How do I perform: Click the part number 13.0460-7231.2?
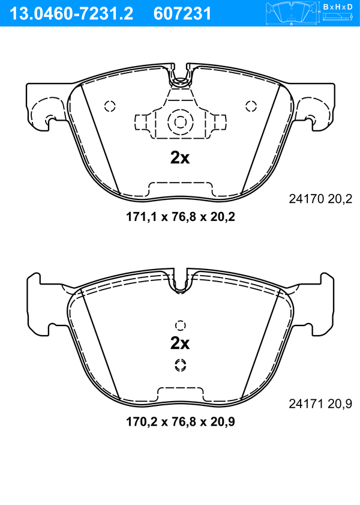[71, 14]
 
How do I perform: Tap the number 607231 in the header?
[182, 14]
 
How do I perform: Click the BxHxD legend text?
[338, 6]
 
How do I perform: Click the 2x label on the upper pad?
[180, 158]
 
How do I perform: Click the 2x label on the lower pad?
[180, 343]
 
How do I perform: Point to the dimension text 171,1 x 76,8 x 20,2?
[181, 217]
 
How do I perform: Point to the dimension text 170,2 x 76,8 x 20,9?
[181, 422]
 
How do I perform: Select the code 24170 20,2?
[320, 199]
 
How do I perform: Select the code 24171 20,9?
[320, 404]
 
